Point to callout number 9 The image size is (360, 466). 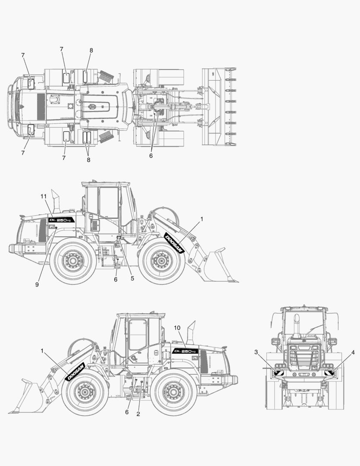[38, 285]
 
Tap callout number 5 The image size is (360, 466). [132, 278]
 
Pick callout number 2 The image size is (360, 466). [138, 414]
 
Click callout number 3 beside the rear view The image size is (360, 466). [256, 352]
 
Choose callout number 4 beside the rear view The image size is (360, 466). [353, 352]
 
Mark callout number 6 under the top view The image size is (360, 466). [151, 156]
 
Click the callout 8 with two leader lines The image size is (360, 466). [88, 160]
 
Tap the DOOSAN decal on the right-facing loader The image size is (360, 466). [174, 243]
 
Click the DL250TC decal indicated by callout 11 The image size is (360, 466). [61, 220]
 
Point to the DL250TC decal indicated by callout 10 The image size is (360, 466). [185, 351]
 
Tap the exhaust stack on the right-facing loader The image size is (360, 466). [56, 201]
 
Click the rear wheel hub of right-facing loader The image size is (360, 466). [72, 261]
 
